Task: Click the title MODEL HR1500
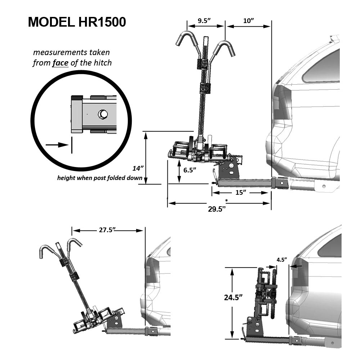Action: point(77,22)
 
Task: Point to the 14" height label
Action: point(138,168)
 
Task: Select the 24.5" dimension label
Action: point(222,297)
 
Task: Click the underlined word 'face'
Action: point(60,63)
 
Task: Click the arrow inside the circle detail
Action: point(57,145)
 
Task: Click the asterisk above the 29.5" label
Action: point(226,200)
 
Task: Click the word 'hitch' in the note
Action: point(102,63)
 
